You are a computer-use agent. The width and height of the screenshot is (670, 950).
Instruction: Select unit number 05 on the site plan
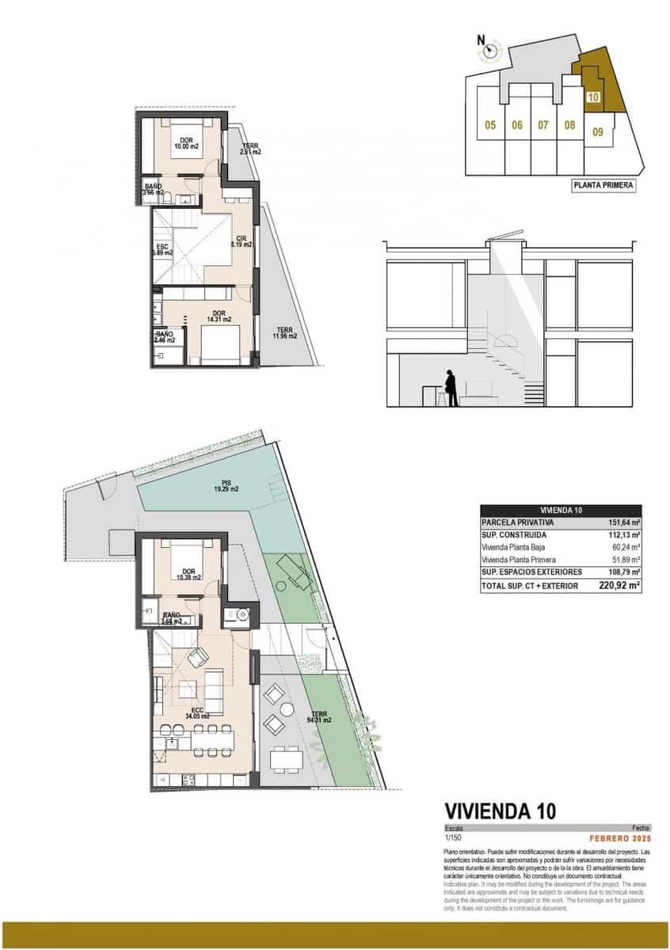point(490,125)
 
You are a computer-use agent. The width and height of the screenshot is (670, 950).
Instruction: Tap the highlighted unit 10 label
point(594,99)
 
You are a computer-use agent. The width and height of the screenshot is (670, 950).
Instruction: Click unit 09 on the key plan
point(598,132)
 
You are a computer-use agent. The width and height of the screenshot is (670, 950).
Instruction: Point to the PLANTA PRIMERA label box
point(603,186)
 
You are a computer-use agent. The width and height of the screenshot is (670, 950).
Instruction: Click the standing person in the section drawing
point(451,388)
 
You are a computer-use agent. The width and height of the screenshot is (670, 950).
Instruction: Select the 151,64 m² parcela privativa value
point(624,522)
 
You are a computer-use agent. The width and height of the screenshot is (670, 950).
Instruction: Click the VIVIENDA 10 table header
point(561,511)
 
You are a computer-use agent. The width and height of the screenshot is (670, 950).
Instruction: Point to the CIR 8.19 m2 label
point(242,241)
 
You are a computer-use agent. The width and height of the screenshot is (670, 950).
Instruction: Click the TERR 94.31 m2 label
point(320,717)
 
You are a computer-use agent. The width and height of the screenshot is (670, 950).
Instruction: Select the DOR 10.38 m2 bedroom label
point(188,574)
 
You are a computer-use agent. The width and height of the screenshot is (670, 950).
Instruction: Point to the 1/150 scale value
point(452,838)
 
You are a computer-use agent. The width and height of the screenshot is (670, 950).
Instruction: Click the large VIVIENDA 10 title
point(500,811)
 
